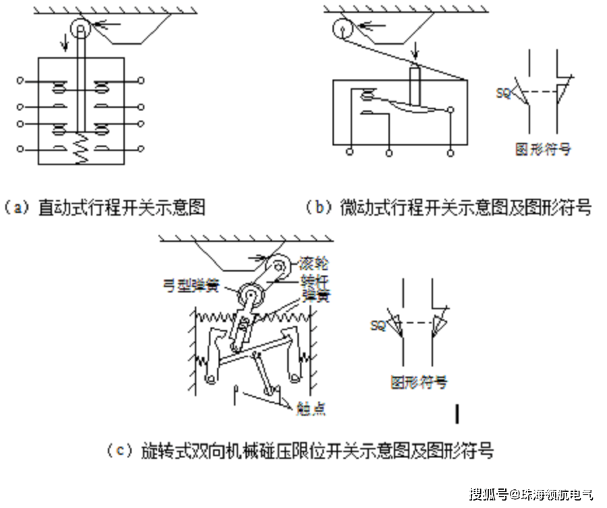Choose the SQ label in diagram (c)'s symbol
pyautogui.click(x=378, y=325)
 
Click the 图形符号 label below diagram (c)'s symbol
pyautogui.click(x=419, y=382)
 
